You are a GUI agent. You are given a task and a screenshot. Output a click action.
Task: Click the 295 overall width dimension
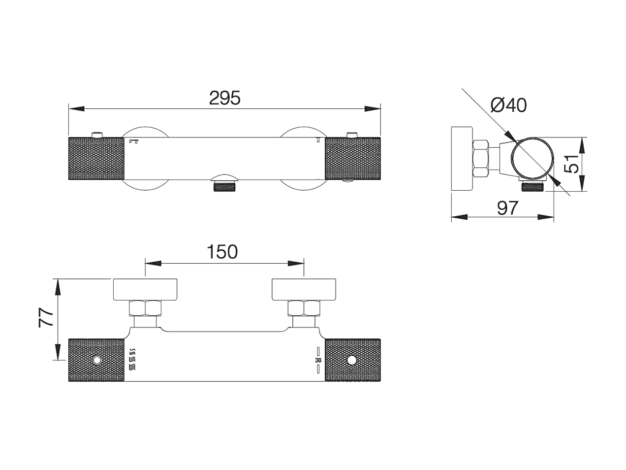(x=225, y=98)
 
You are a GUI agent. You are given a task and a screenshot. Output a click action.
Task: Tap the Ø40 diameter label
(x=508, y=105)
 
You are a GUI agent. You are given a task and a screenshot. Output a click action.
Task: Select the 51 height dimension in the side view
(x=571, y=164)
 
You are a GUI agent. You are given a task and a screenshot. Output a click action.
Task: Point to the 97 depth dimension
(x=507, y=208)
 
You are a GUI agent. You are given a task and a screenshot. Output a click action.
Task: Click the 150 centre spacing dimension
(x=222, y=252)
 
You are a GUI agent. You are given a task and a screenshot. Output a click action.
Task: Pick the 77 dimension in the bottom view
(x=46, y=317)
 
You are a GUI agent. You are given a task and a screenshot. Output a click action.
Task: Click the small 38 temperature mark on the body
(x=318, y=361)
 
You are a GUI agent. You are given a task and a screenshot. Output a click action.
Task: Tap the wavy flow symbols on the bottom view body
(x=132, y=359)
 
